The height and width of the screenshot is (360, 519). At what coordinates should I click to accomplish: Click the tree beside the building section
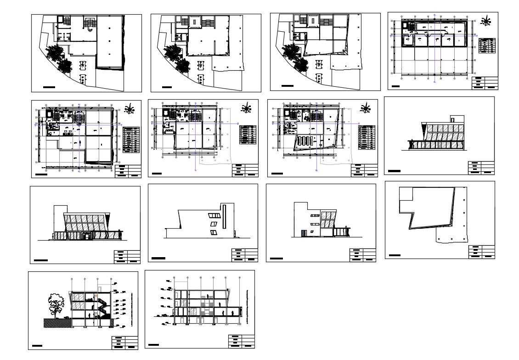[56, 304]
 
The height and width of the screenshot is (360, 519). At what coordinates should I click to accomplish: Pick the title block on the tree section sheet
[125, 343]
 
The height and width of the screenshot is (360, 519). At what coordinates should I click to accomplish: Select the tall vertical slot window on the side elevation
[224, 217]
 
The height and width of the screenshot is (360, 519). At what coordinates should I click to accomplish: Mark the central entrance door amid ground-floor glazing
[85, 236]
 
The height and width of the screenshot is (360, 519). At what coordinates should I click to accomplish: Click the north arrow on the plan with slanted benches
[366, 109]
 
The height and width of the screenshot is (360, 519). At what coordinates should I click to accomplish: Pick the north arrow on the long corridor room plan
[485, 21]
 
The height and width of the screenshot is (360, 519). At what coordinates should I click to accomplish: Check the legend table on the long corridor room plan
[487, 45]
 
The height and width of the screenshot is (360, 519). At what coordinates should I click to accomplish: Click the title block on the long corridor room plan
[485, 83]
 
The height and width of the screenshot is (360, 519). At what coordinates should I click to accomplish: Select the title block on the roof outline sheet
[481, 252]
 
